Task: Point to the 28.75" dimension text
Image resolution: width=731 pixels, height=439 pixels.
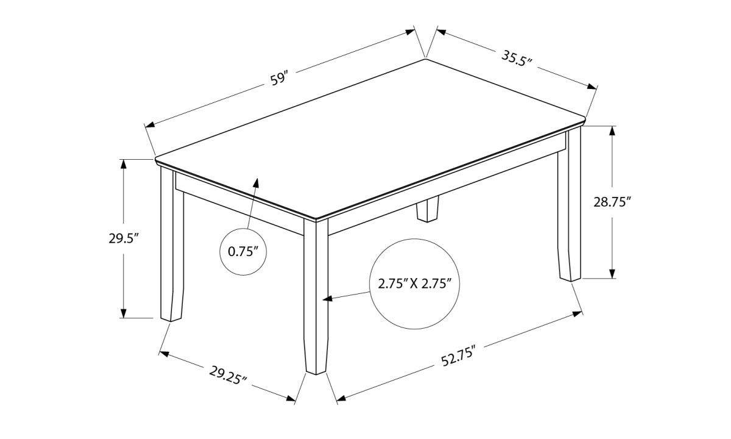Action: pyautogui.click(x=610, y=202)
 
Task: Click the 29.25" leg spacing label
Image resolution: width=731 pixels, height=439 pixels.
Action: pyautogui.click(x=228, y=376)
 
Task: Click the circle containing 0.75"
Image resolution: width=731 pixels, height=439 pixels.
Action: pyautogui.click(x=243, y=251)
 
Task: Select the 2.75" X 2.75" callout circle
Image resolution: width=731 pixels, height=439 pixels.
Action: pyautogui.click(x=415, y=284)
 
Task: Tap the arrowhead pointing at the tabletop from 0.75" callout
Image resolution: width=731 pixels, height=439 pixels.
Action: pyautogui.click(x=256, y=184)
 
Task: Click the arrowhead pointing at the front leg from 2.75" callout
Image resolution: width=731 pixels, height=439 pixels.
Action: pyautogui.click(x=327, y=298)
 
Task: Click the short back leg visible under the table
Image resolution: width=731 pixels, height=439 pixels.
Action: pyautogui.click(x=428, y=209)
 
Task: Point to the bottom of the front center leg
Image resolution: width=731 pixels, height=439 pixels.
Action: pyautogui.click(x=316, y=372)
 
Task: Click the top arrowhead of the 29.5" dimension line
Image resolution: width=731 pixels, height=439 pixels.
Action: pyautogui.click(x=123, y=164)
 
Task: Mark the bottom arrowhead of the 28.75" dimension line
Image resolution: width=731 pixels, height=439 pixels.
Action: pyautogui.click(x=612, y=274)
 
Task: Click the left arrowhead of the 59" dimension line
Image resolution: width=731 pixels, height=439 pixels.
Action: pyautogui.click(x=150, y=124)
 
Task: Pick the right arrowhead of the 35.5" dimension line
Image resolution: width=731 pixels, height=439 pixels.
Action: pyautogui.click(x=592, y=87)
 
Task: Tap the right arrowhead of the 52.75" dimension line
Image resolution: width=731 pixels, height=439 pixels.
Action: pyautogui.click(x=577, y=314)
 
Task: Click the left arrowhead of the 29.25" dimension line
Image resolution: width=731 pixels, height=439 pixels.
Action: pyautogui.click(x=164, y=354)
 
